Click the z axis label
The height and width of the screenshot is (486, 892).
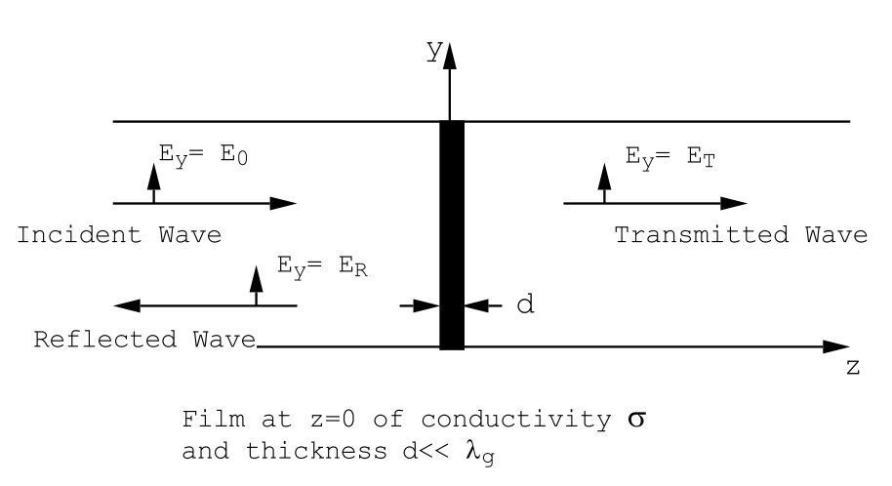coord(852,371)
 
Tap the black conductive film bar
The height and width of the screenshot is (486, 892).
coord(451,234)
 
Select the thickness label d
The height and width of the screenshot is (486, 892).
coord(524,304)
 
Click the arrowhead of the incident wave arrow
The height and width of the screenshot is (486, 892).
coord(284,203)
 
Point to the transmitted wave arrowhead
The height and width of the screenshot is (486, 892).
coord(735,203)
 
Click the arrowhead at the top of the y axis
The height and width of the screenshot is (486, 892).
coord(450,55)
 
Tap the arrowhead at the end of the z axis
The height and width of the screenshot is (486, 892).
coord(837,346)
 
